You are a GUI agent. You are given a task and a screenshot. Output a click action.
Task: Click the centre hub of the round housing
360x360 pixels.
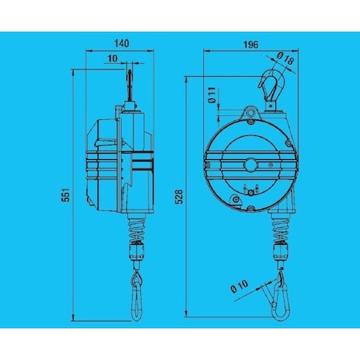click(x=250, y=166)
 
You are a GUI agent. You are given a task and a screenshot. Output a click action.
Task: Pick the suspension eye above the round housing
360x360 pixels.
click(x=250, y=112)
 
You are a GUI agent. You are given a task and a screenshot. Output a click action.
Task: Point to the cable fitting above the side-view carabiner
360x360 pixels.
click(x=137, y=254)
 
